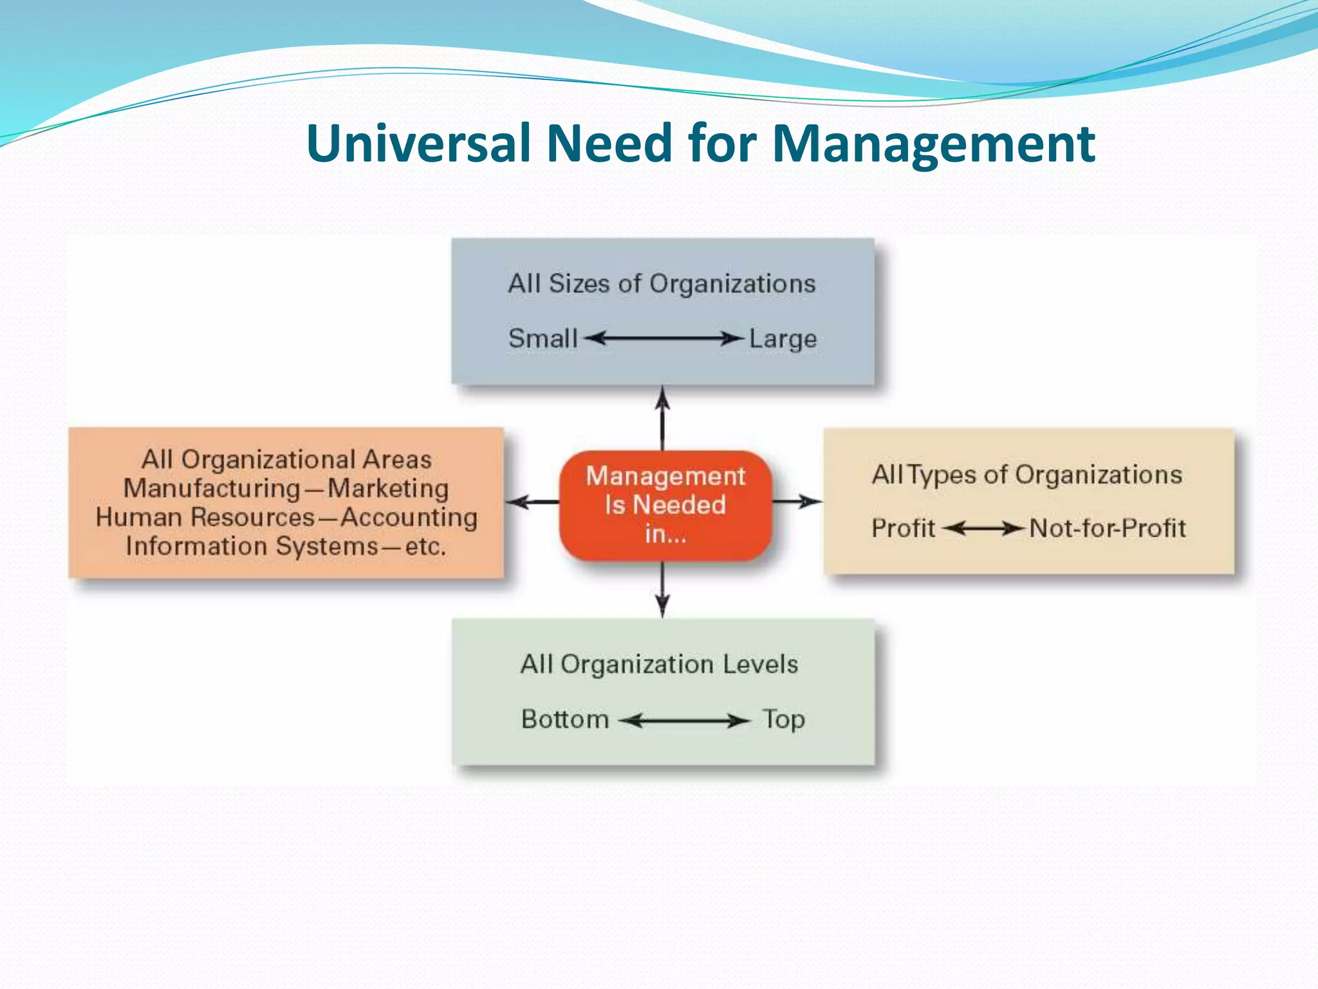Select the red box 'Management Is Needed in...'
point(665,505)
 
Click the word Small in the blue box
point(543,339)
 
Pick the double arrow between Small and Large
point(664,338)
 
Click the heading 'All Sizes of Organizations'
point(662,284)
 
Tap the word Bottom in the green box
point(565,719)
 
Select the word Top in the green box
point(784,719)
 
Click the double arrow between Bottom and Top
point(685,721)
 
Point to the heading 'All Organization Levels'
point(659,664)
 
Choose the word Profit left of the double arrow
point(903,529)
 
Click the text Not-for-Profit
point(1107,529)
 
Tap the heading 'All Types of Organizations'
point(1027,475)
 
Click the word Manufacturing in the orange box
point(212,489)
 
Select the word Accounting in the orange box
point(409,518)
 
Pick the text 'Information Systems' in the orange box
point(252,547)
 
